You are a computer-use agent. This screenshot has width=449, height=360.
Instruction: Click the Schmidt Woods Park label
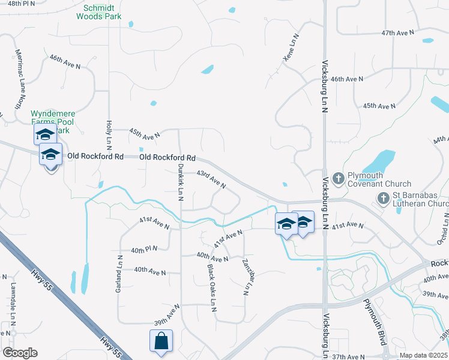[98, 12]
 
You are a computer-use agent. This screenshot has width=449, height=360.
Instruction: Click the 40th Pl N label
[145, 249]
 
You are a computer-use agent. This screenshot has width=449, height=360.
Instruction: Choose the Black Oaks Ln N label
[212, 284]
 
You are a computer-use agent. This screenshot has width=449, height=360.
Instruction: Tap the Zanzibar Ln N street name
[246, 278]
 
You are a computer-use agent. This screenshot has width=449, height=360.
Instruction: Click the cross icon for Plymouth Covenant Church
[338, 178]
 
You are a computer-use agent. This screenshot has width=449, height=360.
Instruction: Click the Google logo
[20, 353]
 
